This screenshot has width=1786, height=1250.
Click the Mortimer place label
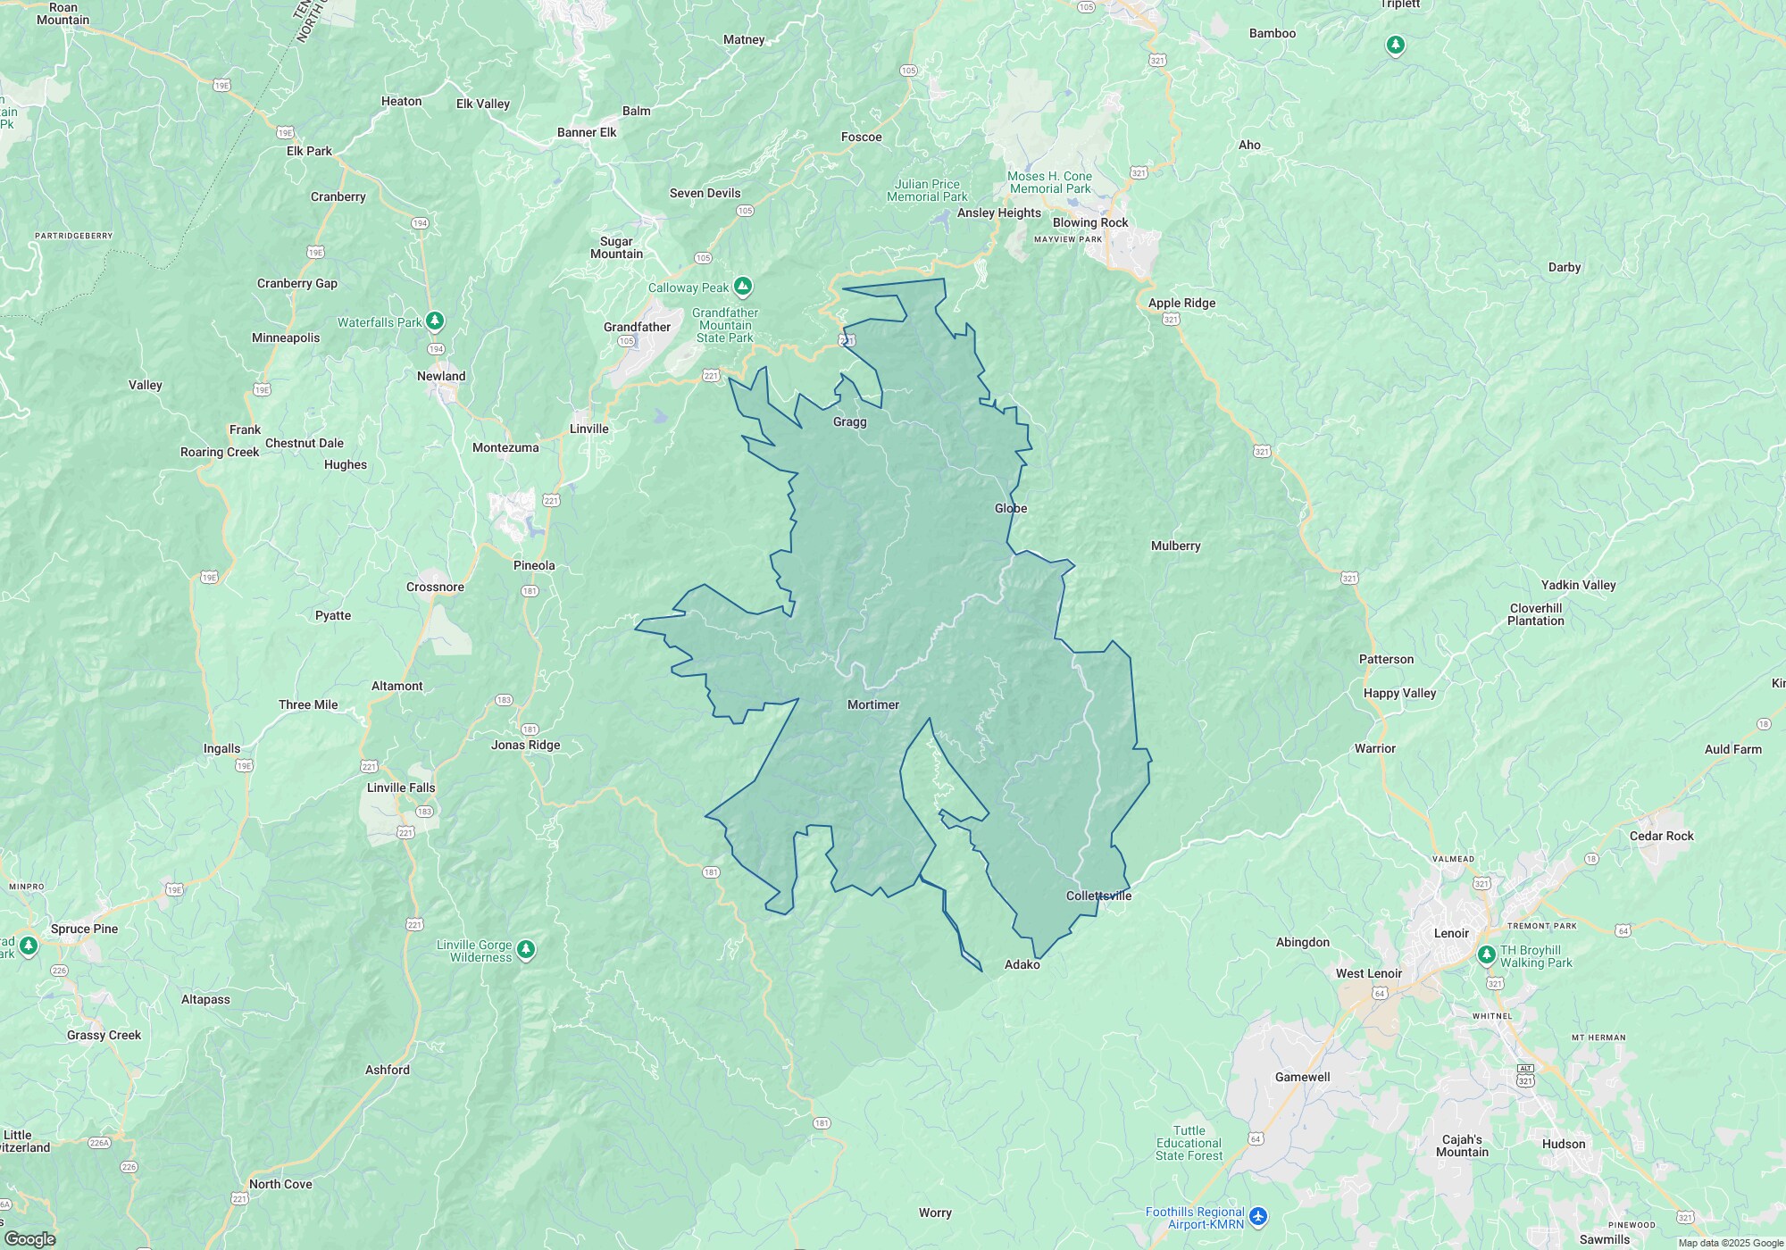coord(872,704)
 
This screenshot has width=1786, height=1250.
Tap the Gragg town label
coord(849,421)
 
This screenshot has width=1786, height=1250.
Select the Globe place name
coord(1011,508)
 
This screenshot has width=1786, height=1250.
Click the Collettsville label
coord(1098,896)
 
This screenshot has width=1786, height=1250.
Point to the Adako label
coord(1022,964)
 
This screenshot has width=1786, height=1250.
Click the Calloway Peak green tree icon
coord(742,287)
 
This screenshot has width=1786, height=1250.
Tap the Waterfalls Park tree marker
coord(435,321)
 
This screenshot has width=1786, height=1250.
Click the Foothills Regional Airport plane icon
coord(1258,1216)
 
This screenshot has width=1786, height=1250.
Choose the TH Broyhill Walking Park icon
coord(1486,955)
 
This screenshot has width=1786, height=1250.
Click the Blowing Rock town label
coord(1089,222)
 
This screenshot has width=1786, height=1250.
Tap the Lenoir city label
coord(1450,933)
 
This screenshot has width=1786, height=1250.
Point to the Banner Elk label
coord(587,132)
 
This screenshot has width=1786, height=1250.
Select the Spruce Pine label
coord(84,929)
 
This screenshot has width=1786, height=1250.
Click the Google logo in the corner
coord(29,1239)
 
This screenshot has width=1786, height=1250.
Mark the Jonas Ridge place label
coord(525,745)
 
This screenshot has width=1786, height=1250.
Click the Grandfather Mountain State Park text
coord(725,325)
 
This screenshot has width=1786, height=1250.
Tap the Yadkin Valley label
coord(1578,585)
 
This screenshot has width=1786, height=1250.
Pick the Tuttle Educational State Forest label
coord(1189,1143)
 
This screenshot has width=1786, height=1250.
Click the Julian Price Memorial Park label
coord(927,190)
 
